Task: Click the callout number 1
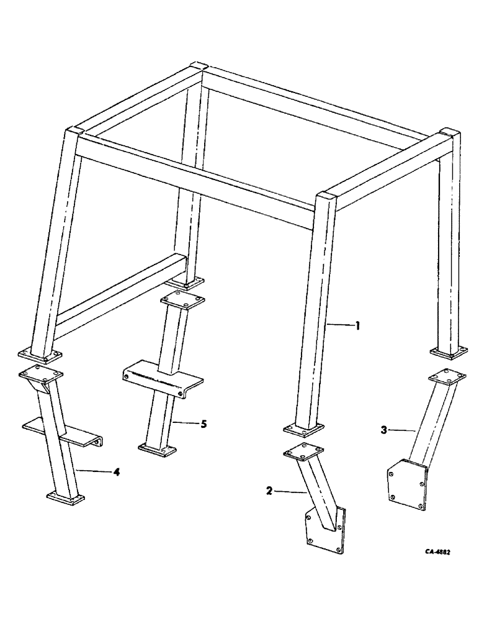click(x=358, y=325)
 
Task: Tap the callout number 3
click(x=384, y=428)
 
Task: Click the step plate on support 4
click(x=62, y=430)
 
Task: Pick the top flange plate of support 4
click(x=41, y=374)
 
